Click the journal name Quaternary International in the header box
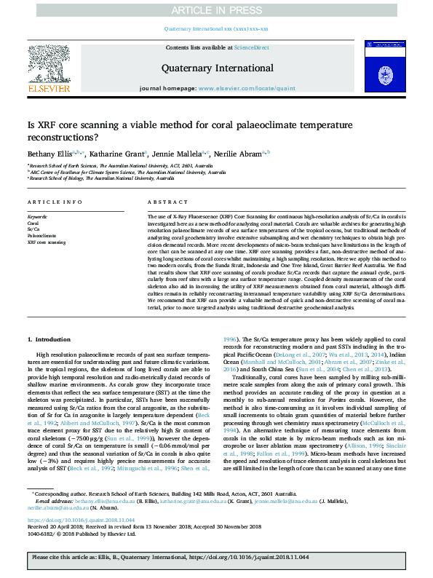216,68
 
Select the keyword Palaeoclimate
41,236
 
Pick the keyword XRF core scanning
47,242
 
